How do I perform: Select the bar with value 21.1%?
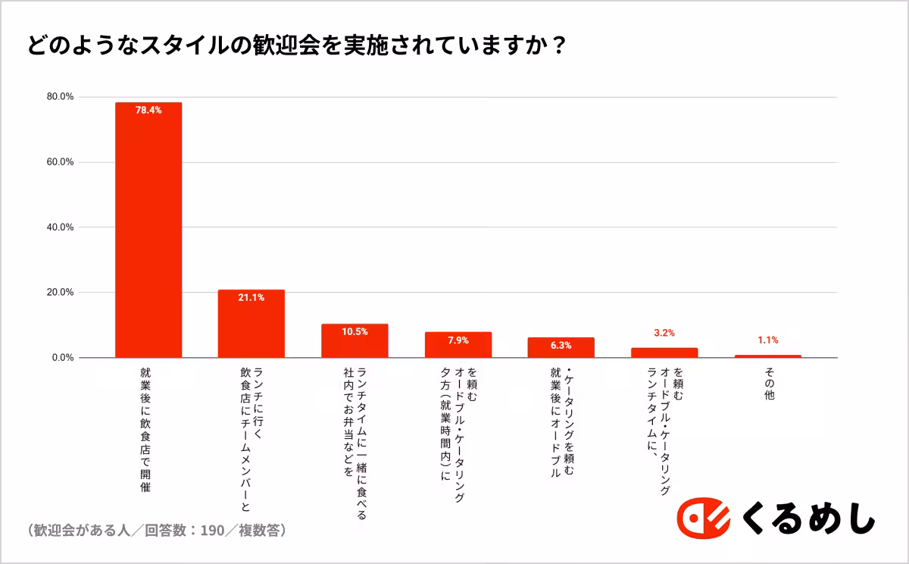point(251,326)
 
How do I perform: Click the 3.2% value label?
point(664,333)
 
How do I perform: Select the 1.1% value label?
point(767,340)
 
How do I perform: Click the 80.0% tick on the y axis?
point(60,97)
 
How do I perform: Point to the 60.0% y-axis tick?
point(60,162)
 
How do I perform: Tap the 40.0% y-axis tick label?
point(60,227)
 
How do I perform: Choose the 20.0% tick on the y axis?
point(60,293)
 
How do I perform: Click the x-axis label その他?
point(768,385)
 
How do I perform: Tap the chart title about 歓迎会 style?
point(296,45)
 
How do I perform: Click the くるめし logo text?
point(808,519)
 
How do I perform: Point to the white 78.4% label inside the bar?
point(148,110)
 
